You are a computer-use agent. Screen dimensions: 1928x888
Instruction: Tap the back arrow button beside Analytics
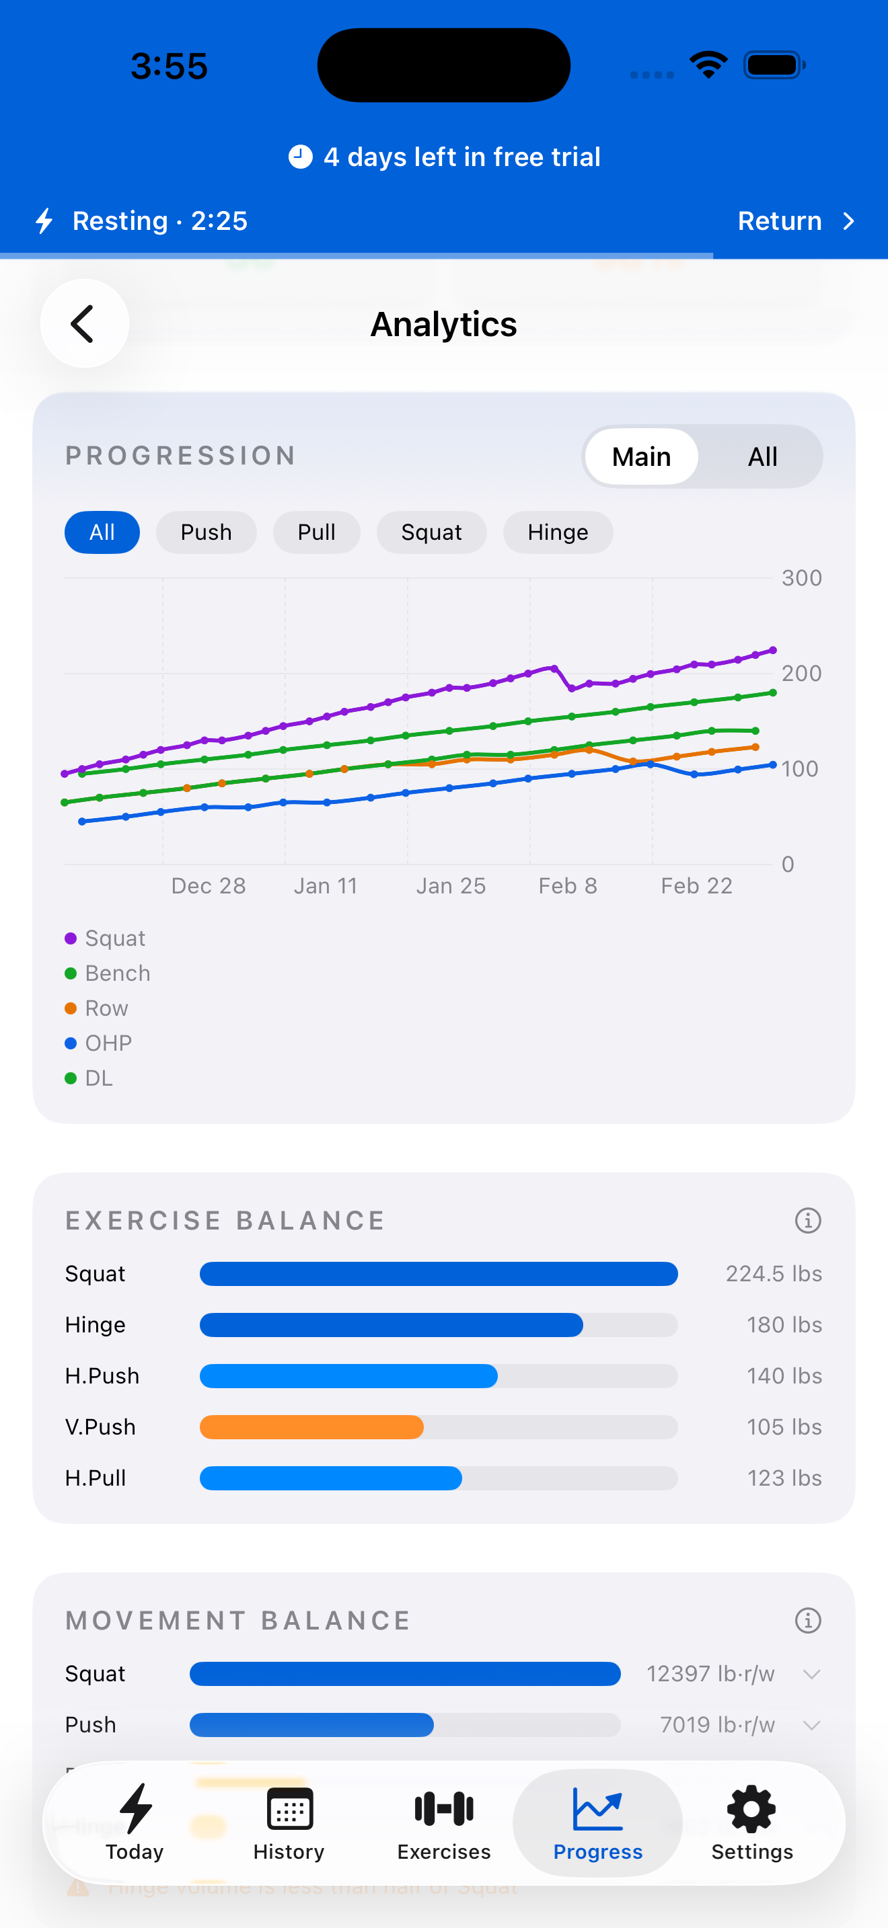[84, 323]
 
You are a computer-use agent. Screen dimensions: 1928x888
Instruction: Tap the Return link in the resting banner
[794, 220]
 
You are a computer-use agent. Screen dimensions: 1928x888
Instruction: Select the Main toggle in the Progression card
[641, 456]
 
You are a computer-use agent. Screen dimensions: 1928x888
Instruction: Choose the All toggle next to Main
[762, 456]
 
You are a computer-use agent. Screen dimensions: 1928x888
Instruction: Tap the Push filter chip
[206, 532]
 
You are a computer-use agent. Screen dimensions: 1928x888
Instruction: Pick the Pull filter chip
[316, 532]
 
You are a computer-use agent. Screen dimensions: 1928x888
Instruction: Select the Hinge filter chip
[558, 532]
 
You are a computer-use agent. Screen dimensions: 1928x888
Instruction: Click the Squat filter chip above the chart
[431, 532]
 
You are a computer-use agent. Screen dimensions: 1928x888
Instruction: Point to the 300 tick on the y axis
[801, 578]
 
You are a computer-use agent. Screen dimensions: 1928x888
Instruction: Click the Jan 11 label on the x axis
[325, 885]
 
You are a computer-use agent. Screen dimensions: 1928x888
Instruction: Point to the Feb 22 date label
[696, 885]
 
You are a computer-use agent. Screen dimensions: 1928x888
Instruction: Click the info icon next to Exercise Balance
[807, 1220]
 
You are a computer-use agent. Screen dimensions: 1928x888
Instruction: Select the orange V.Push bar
[311, 1427]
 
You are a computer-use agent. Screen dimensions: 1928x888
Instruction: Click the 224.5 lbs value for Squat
[774, 1273]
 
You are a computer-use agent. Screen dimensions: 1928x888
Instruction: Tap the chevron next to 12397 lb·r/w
[811, 1673]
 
